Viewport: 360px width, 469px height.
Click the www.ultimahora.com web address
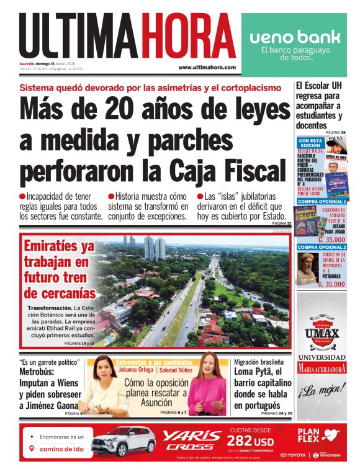[207, 67]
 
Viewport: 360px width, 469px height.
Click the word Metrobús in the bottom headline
[39, 372]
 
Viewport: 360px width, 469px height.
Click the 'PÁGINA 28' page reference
[335, 132]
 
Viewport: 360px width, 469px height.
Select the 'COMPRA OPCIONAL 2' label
[321, 247]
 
